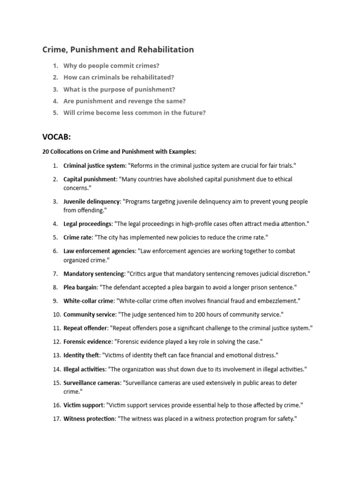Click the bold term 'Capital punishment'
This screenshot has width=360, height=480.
[90, 179]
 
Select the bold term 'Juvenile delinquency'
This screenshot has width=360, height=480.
[92, 202]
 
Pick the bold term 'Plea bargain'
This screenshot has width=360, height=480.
[80, 287]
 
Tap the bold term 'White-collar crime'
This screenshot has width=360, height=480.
[88, 300]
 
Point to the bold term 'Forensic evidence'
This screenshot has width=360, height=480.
[87, 342]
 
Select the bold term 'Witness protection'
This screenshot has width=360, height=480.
[89, 419]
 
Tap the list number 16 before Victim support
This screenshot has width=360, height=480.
[56, 405]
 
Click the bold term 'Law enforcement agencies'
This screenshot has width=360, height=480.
[99, 251]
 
